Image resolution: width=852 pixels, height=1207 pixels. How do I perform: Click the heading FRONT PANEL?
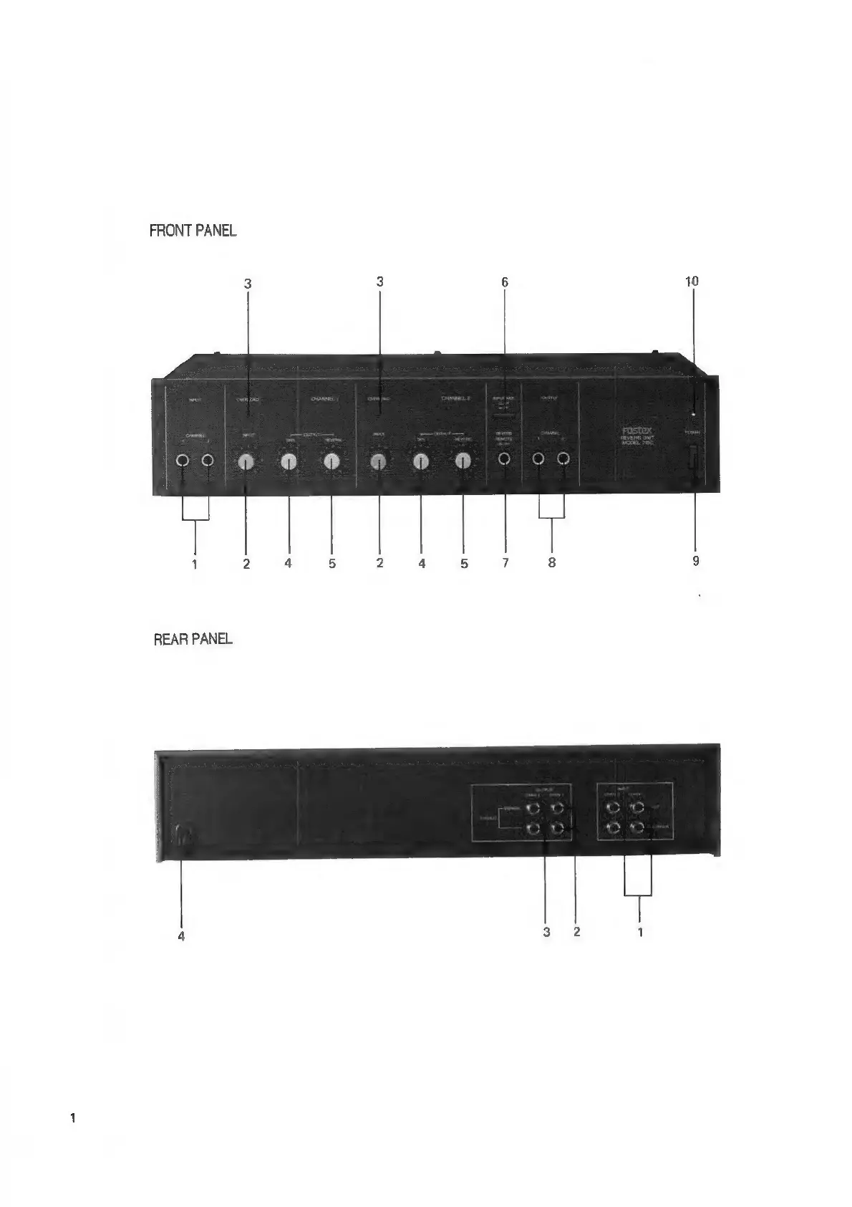point(193,231)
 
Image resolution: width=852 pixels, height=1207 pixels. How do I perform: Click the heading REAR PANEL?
point(193,639)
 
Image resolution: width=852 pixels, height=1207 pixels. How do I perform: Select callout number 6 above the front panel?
point(505,282)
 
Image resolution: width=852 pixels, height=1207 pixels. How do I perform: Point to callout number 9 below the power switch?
point(696,562)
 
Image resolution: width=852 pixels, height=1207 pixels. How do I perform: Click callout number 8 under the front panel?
point(552,562)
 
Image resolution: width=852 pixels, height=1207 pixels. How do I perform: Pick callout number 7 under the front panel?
point(505,562)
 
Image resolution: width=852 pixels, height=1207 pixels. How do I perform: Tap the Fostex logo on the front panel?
point(636,431)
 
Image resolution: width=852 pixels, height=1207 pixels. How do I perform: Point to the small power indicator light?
point(694,414)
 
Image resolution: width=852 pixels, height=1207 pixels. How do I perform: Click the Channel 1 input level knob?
point(246,462)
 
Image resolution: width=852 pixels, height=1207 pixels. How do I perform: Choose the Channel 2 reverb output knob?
point(463,462)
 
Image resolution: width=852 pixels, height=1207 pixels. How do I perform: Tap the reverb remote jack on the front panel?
point(505,460)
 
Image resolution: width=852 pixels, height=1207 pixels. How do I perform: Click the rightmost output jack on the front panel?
point(563,460)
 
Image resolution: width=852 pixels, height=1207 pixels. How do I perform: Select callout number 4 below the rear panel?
point(181,935)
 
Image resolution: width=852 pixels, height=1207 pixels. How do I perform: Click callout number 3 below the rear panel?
point(547,932)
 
